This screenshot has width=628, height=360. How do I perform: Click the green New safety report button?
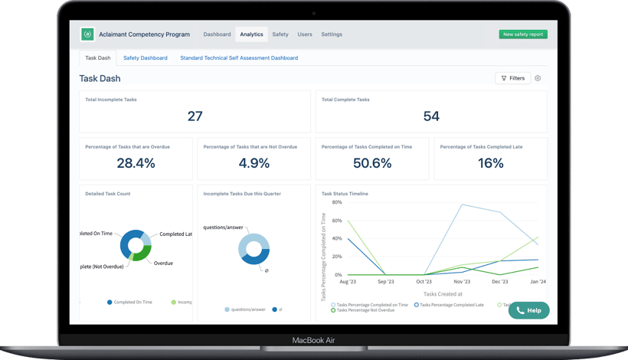523,34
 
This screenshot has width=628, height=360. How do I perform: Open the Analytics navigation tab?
251,34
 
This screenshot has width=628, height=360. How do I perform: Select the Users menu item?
305,34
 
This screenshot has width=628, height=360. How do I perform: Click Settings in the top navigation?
332,34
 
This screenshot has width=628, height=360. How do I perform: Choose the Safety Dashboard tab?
146,58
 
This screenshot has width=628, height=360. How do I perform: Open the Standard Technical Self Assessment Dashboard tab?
239,58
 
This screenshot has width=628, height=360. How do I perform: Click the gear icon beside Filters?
538,78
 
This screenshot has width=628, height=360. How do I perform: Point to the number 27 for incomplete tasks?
195,116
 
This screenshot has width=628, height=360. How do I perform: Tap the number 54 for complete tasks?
431,116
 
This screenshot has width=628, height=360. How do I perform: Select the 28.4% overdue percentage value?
136,163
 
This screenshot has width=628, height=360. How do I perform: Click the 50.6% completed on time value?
372,163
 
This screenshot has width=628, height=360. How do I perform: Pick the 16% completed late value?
490,163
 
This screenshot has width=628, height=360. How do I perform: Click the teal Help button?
528,310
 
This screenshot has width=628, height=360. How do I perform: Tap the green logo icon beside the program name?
87,34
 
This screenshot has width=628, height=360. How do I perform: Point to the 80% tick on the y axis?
337,203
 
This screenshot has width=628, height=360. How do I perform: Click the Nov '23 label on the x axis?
462,282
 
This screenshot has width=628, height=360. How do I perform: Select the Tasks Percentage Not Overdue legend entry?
365,310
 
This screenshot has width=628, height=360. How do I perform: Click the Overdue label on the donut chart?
163,263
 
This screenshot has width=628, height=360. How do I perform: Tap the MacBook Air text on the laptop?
313,340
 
